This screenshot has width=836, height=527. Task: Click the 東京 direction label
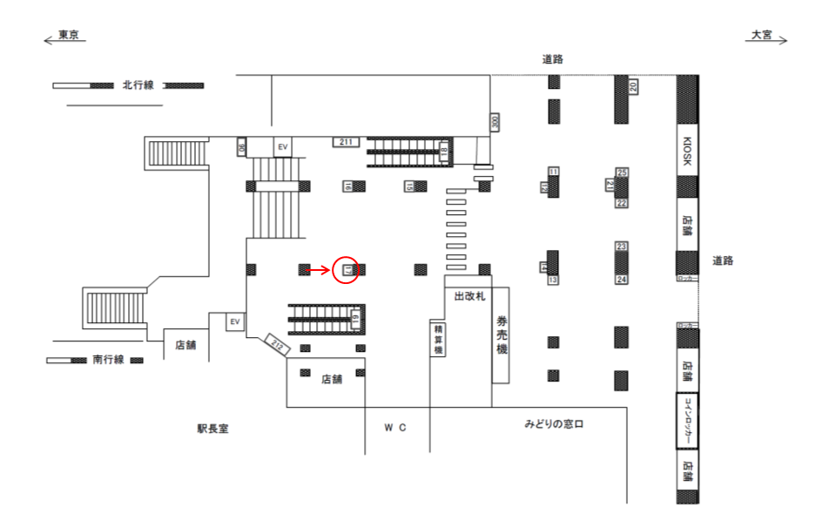click(69, 35)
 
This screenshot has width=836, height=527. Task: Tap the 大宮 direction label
click(762, 35)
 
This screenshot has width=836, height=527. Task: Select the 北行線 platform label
click(138, 85)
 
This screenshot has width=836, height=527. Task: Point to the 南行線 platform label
click(109, 359)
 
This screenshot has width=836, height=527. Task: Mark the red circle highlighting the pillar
click(347, 270)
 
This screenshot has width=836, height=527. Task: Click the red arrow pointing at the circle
click(319, 270)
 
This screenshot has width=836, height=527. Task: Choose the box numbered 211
click(346, 141)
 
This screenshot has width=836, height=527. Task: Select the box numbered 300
click(496, 122)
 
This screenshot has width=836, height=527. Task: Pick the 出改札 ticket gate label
click(469, 296)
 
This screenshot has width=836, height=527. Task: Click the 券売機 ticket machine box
click(501, 336)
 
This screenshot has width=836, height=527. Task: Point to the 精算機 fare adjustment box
click(438, 338)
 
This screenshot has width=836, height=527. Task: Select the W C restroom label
click(396, 428)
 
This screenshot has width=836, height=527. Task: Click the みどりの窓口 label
click(553, 424)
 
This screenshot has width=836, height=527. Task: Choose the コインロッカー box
click(687, 421)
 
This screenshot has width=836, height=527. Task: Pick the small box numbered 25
click(622, 172)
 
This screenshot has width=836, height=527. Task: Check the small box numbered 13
click(552, 280)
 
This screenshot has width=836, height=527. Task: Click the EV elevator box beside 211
click(283, 147)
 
